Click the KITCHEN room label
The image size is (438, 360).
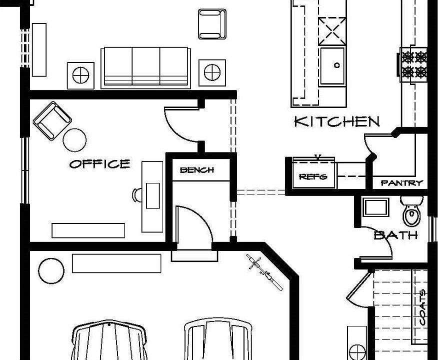[336, 121]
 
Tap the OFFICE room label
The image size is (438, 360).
[99, 163]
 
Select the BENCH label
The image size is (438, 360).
[196, 170]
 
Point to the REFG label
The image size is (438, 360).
[313, 176]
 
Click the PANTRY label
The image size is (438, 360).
[401, 183]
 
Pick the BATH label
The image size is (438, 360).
[396, 234]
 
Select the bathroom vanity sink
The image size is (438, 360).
[375, 207]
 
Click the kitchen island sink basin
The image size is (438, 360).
[332, 65]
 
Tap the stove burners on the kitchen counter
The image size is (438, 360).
[413, 63]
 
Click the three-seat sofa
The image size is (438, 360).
[146, 67]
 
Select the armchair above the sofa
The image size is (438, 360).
[210, 24]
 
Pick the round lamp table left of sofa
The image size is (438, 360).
[80, 75]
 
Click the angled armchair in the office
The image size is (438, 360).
[51, 120]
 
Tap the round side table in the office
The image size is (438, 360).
[75, 140]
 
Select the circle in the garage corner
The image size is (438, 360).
[51, 270]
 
